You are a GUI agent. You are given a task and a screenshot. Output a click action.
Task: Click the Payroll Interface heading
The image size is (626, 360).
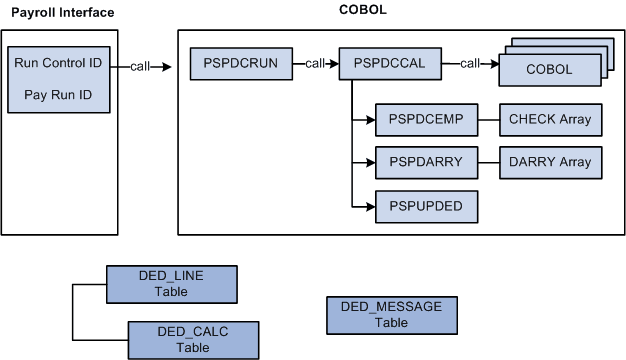click(x=62, y=12)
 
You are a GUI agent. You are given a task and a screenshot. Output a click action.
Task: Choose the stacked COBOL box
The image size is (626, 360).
click(x=548, y=70)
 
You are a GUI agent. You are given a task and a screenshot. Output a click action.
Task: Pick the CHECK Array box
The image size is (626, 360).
click(x=550, y=119)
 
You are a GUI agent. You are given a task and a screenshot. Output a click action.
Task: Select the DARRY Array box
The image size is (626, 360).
click(x=550, y=162)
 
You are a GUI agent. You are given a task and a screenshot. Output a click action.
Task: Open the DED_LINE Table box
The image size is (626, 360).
click(x=171, y=284)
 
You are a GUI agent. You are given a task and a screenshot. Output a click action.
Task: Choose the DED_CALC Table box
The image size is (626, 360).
click(x=193, y=339)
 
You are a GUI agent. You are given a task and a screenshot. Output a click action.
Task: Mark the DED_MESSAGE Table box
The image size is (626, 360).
click(x=391, y=315)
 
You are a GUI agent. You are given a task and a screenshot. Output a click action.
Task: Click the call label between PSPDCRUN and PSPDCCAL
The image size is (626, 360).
click(x=316, y=64)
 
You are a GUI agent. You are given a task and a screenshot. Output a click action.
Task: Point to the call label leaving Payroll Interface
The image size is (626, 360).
click(x=141, y=66)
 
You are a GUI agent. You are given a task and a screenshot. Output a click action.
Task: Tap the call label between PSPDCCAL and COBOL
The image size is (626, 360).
click(x=469, y=64)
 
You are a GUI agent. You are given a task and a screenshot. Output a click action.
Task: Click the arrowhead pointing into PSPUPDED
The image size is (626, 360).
click(x=369, y=205)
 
